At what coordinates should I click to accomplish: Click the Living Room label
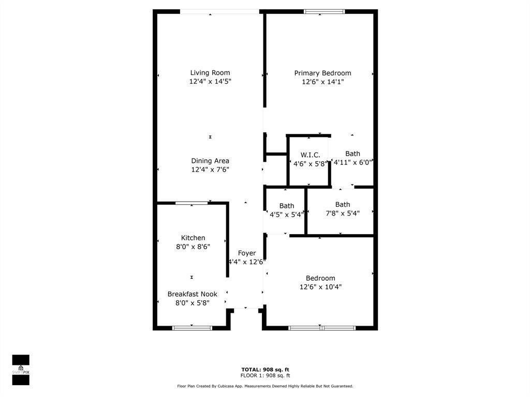click(210, 73)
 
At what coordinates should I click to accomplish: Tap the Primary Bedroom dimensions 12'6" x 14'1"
click(322, 82)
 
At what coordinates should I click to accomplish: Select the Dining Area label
click(210, 161)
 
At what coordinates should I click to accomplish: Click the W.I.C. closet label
click(310, 155)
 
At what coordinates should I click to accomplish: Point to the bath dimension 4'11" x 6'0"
click(352, 162)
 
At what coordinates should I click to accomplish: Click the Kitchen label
click(193, 238)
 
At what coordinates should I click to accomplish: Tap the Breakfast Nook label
click(192, 294)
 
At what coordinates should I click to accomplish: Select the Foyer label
click(246, 253)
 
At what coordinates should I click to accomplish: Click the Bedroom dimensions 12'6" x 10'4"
click(320, 287)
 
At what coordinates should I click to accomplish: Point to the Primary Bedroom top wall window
click(325, 11)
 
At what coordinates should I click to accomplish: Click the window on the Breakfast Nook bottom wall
click(192, 328)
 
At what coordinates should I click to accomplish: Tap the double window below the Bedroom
click(321, 328)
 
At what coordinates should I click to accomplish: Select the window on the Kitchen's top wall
click(192, 203)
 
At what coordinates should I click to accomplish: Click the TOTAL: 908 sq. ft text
click(265, 370)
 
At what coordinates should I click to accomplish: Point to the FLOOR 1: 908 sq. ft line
click(265, 376)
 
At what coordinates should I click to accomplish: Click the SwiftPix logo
click(21, 370)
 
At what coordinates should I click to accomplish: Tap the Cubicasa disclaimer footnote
click(265, 386)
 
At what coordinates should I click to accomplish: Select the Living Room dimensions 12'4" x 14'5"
click(210, 82)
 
